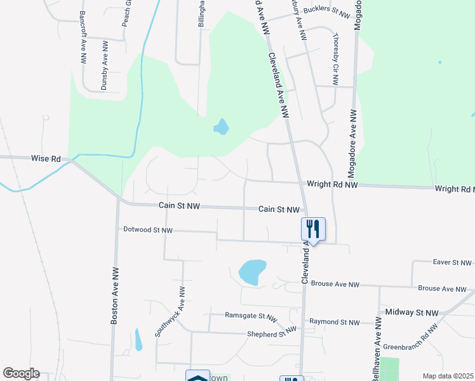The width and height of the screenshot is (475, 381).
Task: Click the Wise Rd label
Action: [x=44, y=158]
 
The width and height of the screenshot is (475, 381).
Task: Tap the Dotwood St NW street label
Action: [x=148, y=230]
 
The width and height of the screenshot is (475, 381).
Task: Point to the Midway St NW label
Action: [x=411, y=313]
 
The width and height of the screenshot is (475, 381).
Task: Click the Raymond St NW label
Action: [x=334, y=323]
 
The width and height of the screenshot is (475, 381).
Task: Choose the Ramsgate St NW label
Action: [x=251, y=316]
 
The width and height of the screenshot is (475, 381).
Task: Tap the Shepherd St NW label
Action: [x=272, y=330]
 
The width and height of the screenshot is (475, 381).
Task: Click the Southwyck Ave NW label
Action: [x=171, y=311]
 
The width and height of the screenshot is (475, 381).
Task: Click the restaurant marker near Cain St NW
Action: [x=313, y=229]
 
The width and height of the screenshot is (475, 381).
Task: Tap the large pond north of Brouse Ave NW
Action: [x=251, y=272]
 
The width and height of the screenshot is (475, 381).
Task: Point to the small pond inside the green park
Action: [x=221, y=127]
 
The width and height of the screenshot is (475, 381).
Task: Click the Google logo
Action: [x=21, y=373]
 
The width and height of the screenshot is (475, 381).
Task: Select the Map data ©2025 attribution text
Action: [x=447, y=376]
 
